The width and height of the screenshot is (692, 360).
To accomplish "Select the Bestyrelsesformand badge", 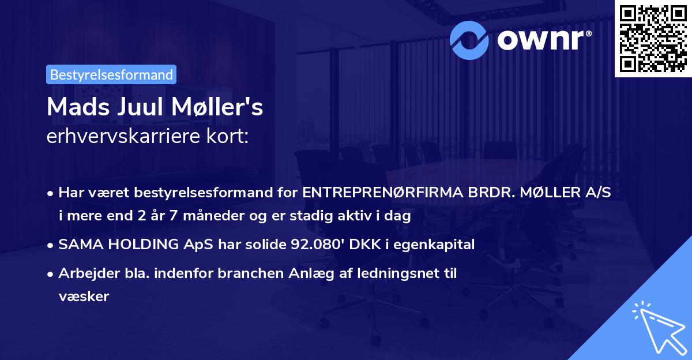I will (x=111, y=74).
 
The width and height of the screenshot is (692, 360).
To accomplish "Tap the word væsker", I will (x=83, y=296).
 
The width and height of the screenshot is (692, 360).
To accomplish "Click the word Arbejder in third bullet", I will (x=85, y=273).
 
